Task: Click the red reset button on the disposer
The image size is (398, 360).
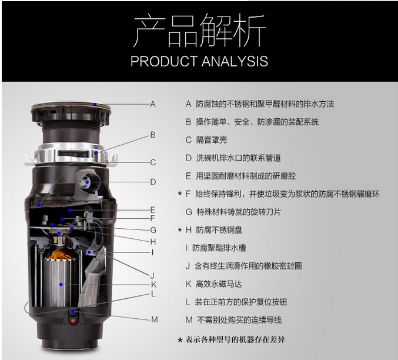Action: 73,321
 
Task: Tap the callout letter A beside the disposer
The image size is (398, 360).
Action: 153,104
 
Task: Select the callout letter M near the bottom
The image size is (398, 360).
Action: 155,319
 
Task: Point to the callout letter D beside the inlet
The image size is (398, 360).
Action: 153,182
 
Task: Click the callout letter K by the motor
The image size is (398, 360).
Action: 153,285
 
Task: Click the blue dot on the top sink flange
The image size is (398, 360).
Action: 95,104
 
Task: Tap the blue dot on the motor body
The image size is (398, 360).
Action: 61,284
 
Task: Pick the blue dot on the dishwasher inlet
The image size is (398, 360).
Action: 87,182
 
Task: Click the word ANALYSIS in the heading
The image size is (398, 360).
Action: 235,61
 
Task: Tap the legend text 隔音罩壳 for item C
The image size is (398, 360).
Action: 212,140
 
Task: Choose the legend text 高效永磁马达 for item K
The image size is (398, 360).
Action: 219,284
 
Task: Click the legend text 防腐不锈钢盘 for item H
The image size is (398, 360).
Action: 219,230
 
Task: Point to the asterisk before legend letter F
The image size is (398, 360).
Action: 180,194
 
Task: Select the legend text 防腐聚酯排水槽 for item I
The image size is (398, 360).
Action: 219,248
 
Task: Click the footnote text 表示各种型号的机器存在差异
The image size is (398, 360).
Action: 235,339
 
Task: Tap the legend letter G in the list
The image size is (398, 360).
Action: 189,212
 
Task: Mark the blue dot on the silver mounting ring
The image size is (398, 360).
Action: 96,153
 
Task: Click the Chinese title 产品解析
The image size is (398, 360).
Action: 199,30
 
